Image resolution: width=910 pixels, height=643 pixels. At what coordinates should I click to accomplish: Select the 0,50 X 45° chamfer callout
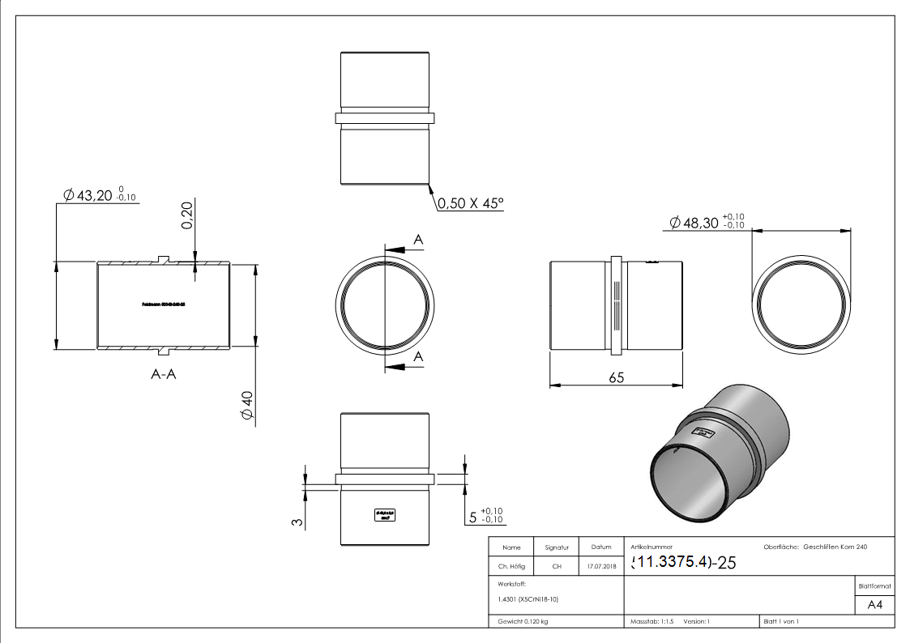click(x=470, y=203)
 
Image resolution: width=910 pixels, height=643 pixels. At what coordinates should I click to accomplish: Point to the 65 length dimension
click(x=616, y=377)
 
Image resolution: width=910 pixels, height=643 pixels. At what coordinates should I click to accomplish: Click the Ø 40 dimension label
click(x=247, y=405)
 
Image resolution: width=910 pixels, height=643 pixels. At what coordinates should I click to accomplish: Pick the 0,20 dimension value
click(x=187, y=215)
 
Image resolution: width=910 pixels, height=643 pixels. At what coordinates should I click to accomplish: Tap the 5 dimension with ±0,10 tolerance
click(x=485, y=515)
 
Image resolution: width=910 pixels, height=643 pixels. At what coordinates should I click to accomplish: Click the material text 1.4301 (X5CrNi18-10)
click(x=528, y=599)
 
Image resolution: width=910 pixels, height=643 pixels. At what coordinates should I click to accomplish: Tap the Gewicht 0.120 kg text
click(x=523, y=621)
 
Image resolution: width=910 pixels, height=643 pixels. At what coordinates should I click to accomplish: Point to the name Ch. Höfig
click(x=511, y=567)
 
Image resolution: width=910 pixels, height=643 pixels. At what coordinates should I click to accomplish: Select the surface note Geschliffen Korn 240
click(x=835, y=547)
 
